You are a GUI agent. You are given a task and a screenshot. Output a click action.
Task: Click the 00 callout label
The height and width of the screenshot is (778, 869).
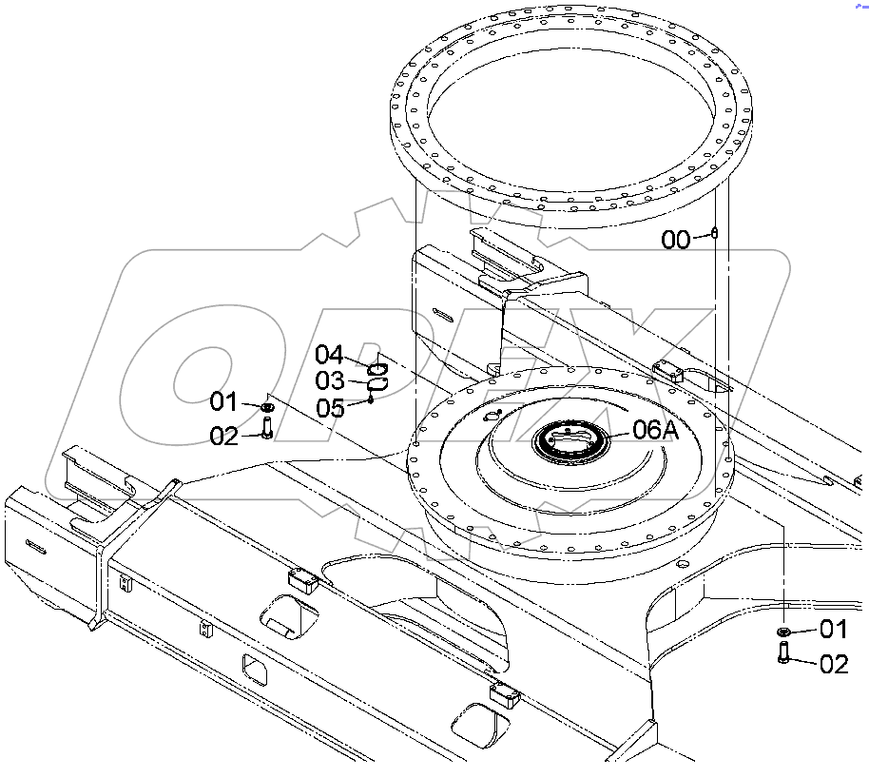pyautogui.click(x=676, y=240)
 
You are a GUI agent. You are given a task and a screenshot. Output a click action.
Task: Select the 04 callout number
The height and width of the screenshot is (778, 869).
pyautogui.click(x=329, y=356)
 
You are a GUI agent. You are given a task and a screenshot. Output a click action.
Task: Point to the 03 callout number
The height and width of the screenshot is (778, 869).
pyautogui.click(x=329, y=381)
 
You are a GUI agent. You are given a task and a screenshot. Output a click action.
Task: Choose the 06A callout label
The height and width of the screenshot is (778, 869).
pyautogui.click(x=656, y=430)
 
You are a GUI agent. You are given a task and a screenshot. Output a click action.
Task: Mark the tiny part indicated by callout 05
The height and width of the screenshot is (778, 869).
pyautogui.click(x=371, y=399)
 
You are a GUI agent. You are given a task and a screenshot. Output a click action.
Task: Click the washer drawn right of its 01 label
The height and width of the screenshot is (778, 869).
pyautogui.click(x=267, y=407)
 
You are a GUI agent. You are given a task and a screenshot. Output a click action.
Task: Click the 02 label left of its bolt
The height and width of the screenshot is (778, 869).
pyautogui.click(x=223, y=437)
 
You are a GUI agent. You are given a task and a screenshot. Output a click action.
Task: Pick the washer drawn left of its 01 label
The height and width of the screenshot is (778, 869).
pyautogui.click(x=783, y=632)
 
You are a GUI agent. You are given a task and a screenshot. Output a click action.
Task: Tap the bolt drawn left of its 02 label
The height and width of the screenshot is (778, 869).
pyautogui.click(x=783, y=654)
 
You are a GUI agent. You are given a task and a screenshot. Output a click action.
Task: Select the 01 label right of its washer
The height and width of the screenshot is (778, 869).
pyautogui.click(x=833, y=629)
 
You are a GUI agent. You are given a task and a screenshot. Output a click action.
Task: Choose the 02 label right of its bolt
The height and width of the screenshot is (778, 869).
pyautogui.click(x=833, y=664)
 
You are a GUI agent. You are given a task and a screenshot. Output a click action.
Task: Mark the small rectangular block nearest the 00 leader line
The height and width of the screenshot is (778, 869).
pyautogui.click(x=668, y=370)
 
